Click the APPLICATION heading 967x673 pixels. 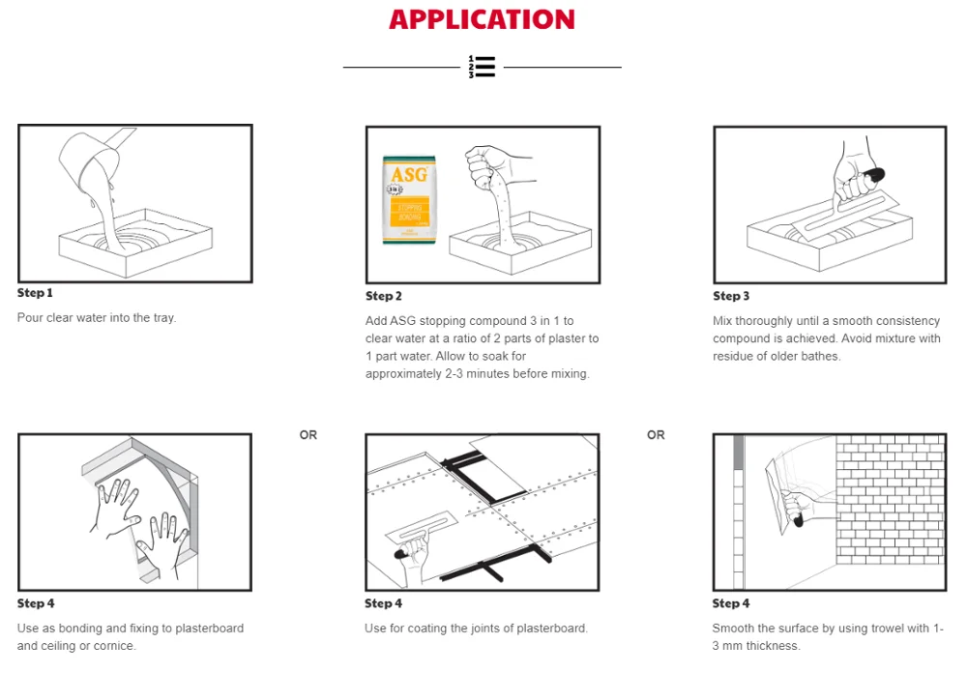tap(482, 19)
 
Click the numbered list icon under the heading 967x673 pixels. tap(482, 67)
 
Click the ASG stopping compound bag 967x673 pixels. tap(410, 199)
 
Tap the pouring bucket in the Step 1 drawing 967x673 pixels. tap(92, 155)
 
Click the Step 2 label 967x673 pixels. tap(384, 296)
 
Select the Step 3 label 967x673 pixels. tap(731, 296)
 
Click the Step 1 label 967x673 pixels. tap(35, 292)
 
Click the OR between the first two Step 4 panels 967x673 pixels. tap(308, 435)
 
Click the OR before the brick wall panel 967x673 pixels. tap(656, 435)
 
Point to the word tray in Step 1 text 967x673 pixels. tap(162, 317)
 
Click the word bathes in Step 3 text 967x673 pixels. tap(822, 356)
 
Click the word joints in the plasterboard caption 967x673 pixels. tap(477, 629)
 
